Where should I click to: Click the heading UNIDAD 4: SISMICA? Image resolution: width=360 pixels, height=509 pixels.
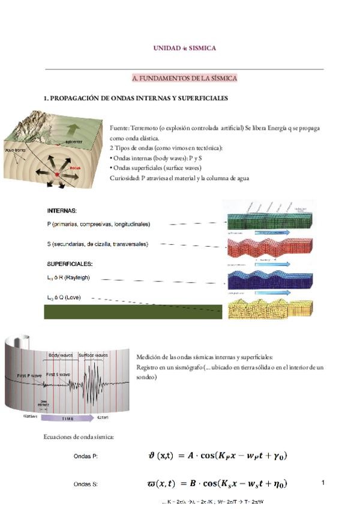click(x=184, y=47)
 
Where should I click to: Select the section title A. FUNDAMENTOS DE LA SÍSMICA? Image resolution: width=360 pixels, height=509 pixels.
click(x=184, y=78)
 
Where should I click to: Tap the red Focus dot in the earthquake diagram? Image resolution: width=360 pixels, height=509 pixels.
click(x=58, y=173)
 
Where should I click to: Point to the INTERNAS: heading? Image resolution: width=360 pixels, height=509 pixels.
click(x=62, y=211)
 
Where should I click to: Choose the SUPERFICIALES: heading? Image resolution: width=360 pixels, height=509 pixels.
click(x=70, y=264)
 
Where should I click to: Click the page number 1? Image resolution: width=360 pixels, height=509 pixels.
click(x=323, y=483)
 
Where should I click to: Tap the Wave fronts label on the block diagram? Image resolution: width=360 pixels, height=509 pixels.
click(x=14, y=149)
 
